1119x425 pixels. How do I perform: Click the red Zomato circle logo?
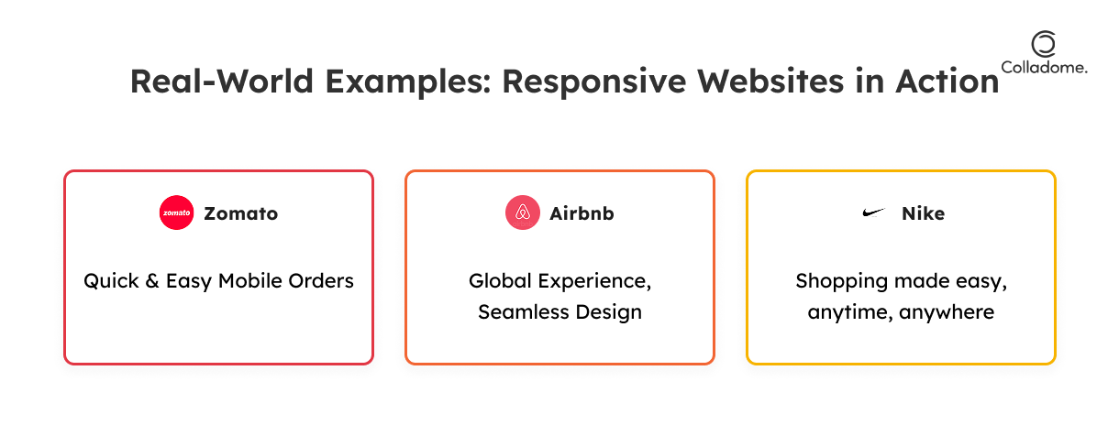(x=176, y=212)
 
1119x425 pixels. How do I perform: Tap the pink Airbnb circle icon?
(x=523, y=212)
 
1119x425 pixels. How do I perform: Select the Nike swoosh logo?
(x=874, y=213)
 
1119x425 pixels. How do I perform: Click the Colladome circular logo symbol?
(x=1044, y=44)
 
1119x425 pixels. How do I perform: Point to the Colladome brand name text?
(x=1044, y=68)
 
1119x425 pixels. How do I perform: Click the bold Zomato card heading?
(x=241, y=213)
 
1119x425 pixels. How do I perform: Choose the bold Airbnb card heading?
(x=582, y=213)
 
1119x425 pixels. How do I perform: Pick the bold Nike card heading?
(x=923, y=213)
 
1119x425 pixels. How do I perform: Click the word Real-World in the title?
(x=222, y=82)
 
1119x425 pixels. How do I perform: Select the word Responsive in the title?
(x=594, y=82)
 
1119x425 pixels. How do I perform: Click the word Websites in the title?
(x=770, y=82)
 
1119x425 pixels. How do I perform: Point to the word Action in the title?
(x=947, y=82)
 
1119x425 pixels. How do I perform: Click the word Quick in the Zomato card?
(x=111, y=281)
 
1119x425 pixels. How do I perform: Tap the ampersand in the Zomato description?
(x=152, y=281)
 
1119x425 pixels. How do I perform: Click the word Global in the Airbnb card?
(x=500, y=281)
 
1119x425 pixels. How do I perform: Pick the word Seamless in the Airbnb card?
(x=524, y=312)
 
